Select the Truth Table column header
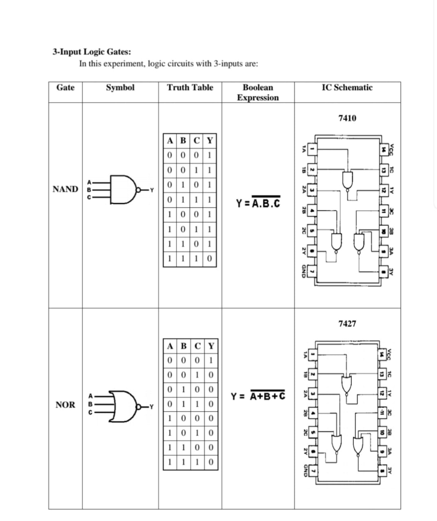pos(190,88)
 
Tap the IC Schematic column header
pos(347,88)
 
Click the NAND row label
pos(65,189)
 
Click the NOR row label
pos(65,405)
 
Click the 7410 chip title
pos(347,118)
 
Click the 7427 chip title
pos(347,323)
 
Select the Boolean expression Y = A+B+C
pos(258,396)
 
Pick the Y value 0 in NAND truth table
pos(210,258)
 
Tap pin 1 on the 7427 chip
pos(314,353)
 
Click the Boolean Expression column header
pos(258,92)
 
